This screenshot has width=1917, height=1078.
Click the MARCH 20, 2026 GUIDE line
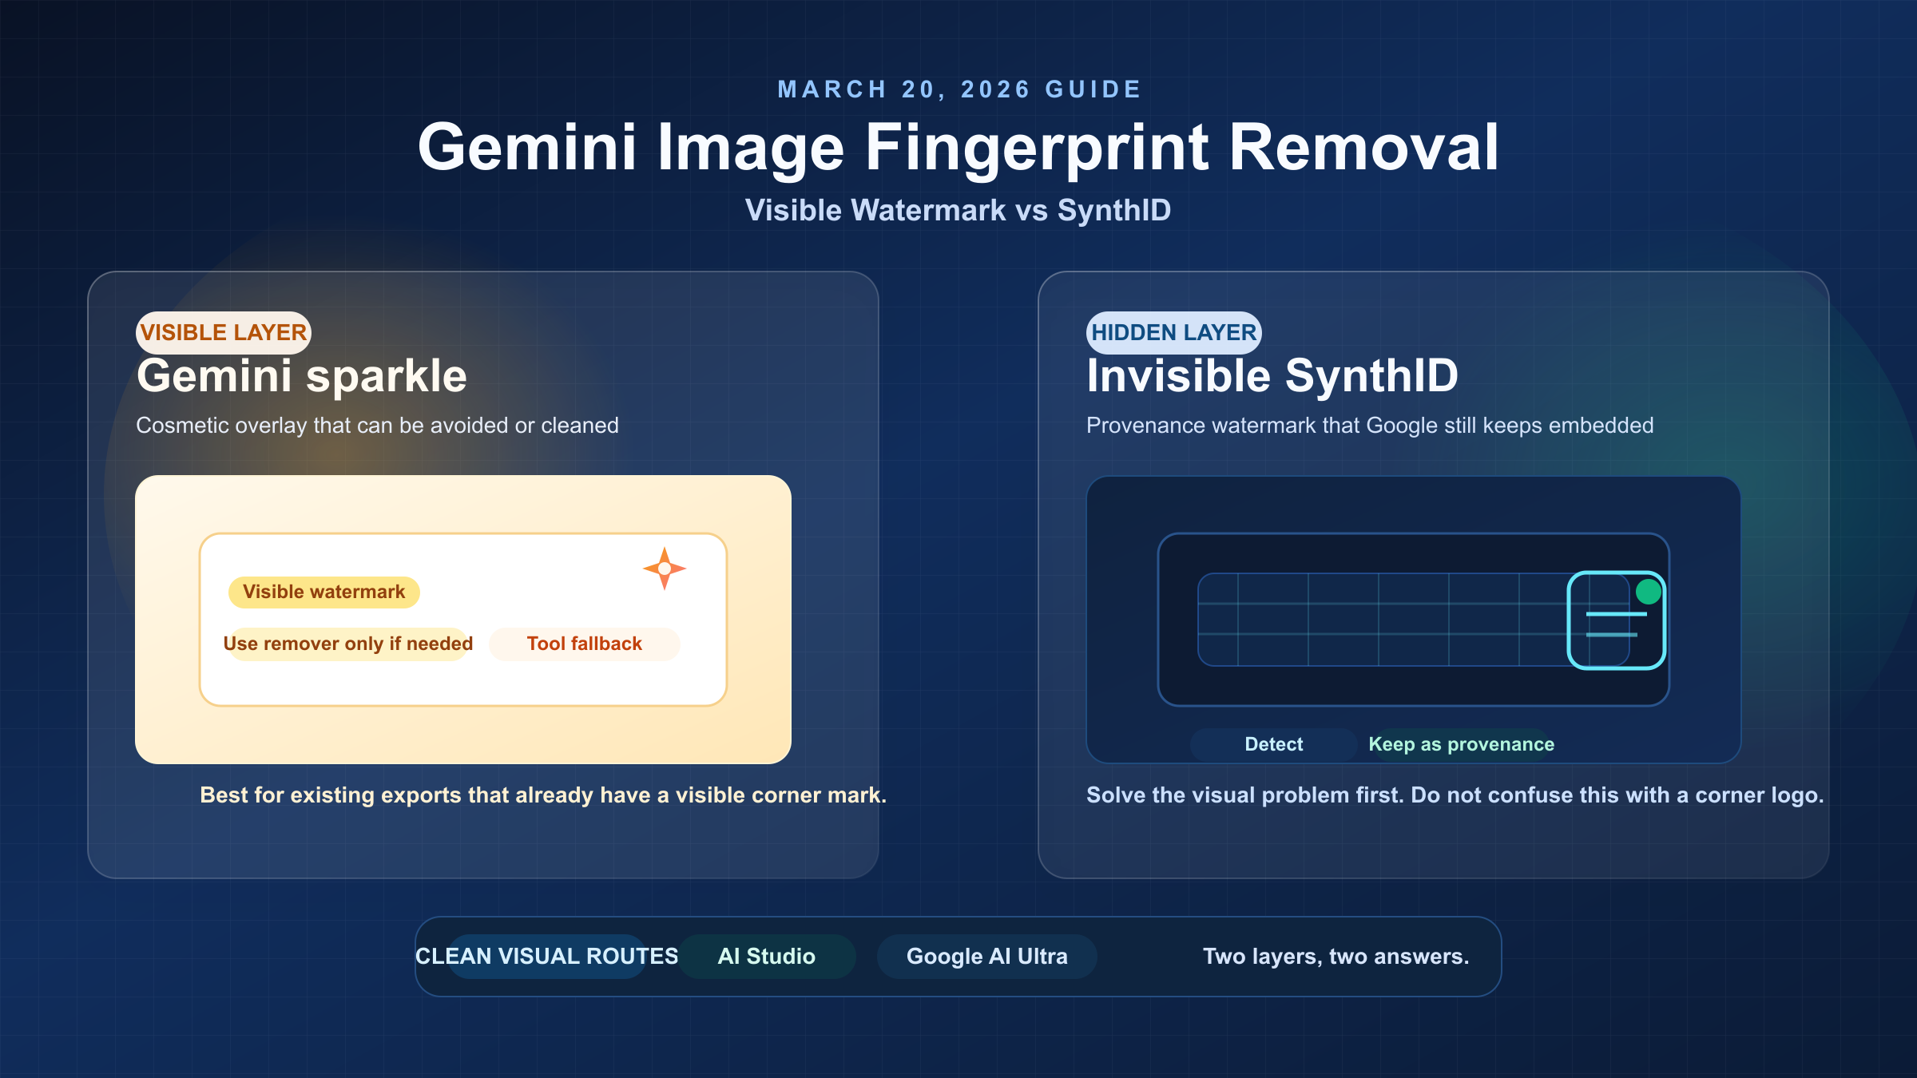coord(959,89)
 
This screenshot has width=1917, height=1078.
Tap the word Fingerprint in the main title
coord(1038,148)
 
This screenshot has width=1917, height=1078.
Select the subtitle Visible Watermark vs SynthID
coord(958,210)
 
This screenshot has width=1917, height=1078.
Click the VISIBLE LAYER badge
coord(223,332)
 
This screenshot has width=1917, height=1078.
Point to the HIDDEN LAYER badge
coord(1173,332)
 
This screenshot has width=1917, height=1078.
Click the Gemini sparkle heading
coord(301,376)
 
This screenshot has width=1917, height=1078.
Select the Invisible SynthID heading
coord(1272,376)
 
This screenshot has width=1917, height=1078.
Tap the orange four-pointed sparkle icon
coord(664,569)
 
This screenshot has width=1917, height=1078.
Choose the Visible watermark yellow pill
coord(323,592)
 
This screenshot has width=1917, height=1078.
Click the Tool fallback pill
coord(584,644)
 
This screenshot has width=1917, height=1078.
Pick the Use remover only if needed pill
coord(347,644)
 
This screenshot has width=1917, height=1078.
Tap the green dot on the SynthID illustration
coord(1649,592)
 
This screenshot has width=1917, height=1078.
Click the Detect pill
coord(1273,744)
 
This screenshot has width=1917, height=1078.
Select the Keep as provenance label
coord(1461,744)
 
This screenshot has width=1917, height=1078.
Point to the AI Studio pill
coord(766,956)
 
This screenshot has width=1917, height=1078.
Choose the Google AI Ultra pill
coord(986,956)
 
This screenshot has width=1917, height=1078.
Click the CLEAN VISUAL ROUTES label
coord(546,956)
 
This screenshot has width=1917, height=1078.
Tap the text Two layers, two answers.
coord(1336,956)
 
